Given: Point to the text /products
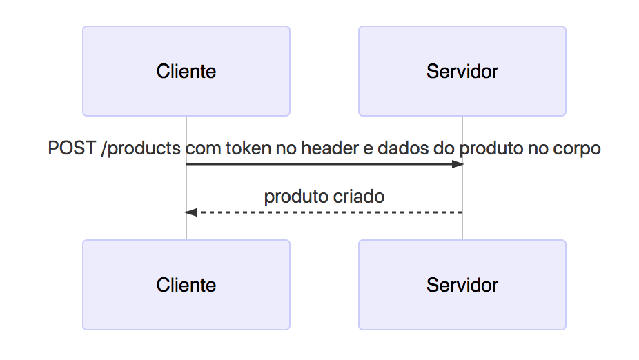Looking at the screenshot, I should (141, 148).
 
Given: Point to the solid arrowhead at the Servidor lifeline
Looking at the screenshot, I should (457, 164).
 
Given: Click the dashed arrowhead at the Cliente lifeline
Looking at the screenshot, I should (191, 212).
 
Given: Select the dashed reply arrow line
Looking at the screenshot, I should (324, 212).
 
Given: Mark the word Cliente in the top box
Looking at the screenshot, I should (186, 71).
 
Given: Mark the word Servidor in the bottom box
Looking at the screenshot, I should (462, 285).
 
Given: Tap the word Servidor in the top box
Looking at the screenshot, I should (462, 71).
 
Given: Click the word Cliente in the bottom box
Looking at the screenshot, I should (186, 285).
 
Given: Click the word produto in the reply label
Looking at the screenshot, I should (296, 197).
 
